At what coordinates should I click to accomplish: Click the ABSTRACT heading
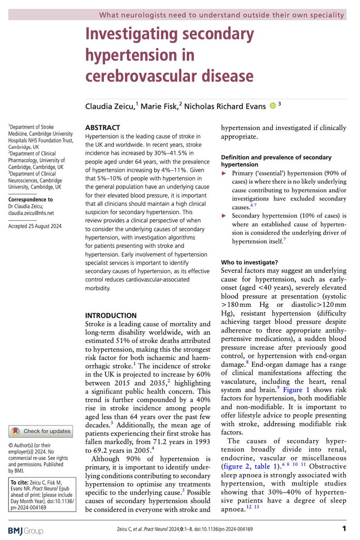pyautogui.click(x=103, y=127)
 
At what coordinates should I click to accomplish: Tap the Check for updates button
pyautogui.click(x=41, y=431)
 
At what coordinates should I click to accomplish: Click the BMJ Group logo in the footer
pyautogui.click(x=26, y=531)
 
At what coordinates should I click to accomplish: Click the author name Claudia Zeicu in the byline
pyautogui.click(x=111, y=106)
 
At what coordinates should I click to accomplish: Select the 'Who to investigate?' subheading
pyautogui.click(x=249, y=262)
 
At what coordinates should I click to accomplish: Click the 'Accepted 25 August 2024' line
pyautogui.click(x=35, y=226)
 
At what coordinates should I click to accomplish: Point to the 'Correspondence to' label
pyautogui.click(x=31, y=199)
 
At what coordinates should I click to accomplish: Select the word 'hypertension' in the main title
pyautogui.click(x=140, y=54)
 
